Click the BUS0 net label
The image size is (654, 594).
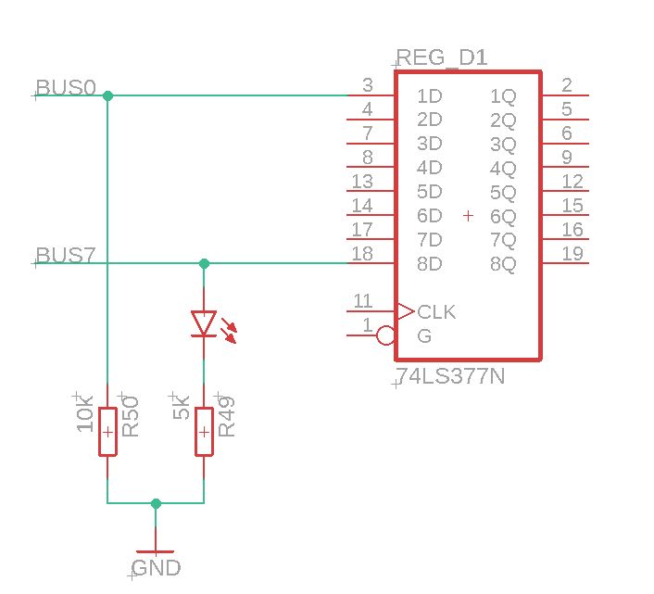[65, 88]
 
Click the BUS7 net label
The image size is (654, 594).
[65, 256]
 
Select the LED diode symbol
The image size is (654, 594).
[204, 323]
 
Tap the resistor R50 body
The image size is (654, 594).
[108, 432]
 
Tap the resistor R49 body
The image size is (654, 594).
[204, 432]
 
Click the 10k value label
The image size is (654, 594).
[85, 413]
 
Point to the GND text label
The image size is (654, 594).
[156, 568]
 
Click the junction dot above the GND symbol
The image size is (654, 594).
[156, 503]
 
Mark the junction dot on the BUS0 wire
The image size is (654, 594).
[108, 95]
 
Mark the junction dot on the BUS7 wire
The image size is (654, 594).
[204, 264]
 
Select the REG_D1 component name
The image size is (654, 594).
[441, 58]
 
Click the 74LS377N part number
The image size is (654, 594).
[450, 377]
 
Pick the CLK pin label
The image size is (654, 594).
[436, 311]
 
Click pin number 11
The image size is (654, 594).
[363, 301]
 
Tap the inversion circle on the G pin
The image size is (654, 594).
[386, 335]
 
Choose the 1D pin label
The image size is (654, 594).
[429, 95]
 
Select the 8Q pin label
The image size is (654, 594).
[503, 264]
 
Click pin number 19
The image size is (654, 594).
[572, 254]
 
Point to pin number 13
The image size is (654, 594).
[363, 181]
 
